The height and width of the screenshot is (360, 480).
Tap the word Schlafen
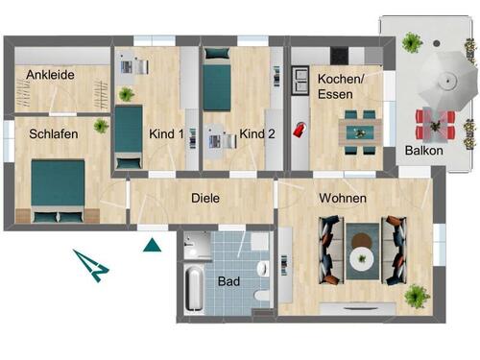point(53,133)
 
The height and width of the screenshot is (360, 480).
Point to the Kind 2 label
point(257,133)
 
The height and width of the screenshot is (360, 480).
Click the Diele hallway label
point(205,199)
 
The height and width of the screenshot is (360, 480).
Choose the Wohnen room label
point(341,198)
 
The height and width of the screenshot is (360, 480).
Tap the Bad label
point(229,282)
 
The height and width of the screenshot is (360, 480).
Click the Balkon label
point(422,151)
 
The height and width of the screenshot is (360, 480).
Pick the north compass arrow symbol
point(93,264)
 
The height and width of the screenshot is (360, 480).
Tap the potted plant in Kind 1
point(126,94)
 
